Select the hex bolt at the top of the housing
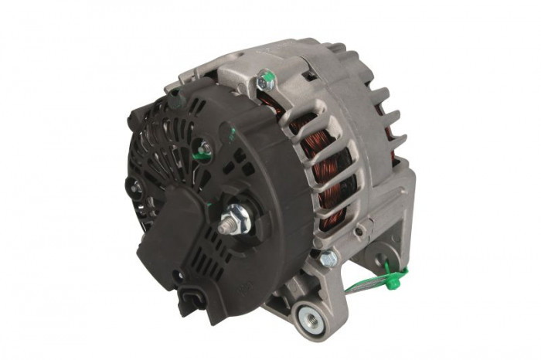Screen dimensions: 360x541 pos(267,79)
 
